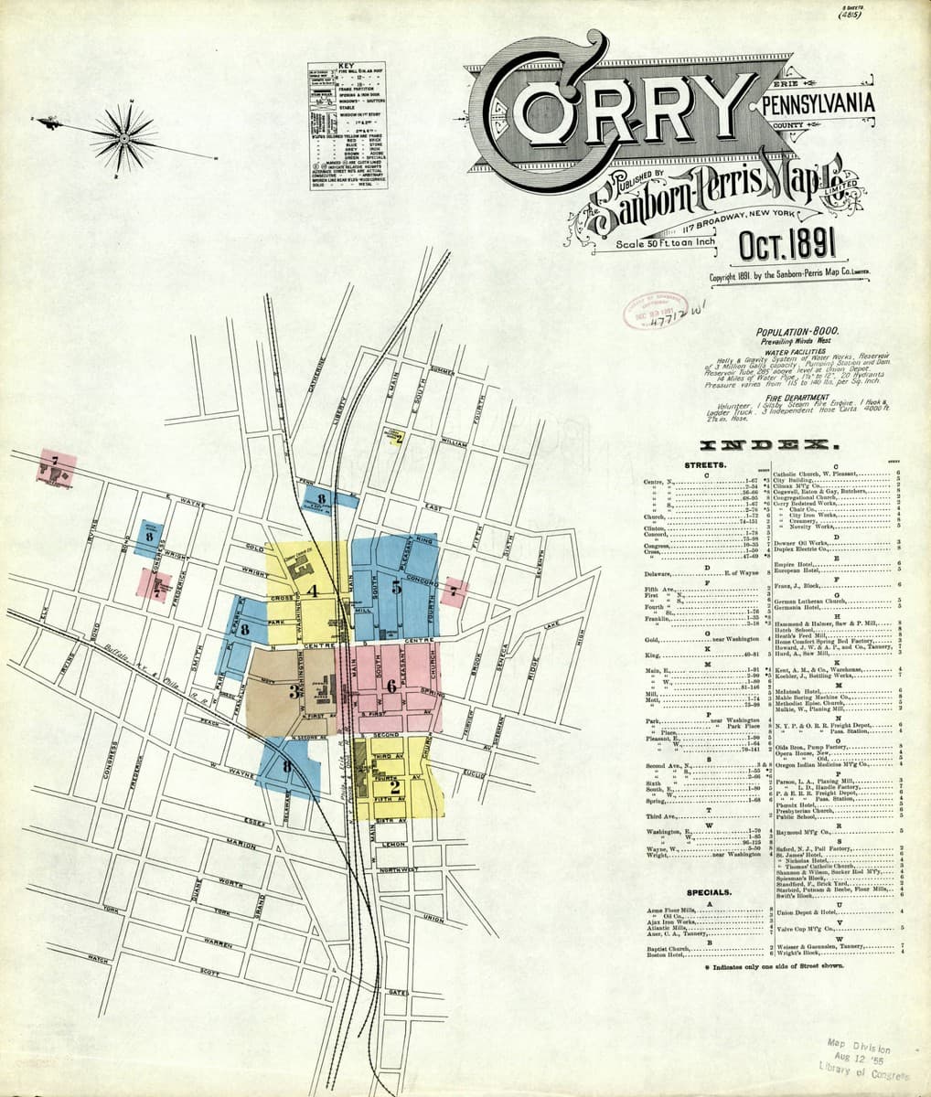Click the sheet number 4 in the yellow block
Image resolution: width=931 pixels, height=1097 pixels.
pyautogui.click(x=313, y=591)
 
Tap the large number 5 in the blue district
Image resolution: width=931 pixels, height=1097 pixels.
pyautogui.click(x=396, y=588)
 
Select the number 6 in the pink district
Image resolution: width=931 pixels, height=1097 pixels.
pyautogui.click(x=391, y=685)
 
